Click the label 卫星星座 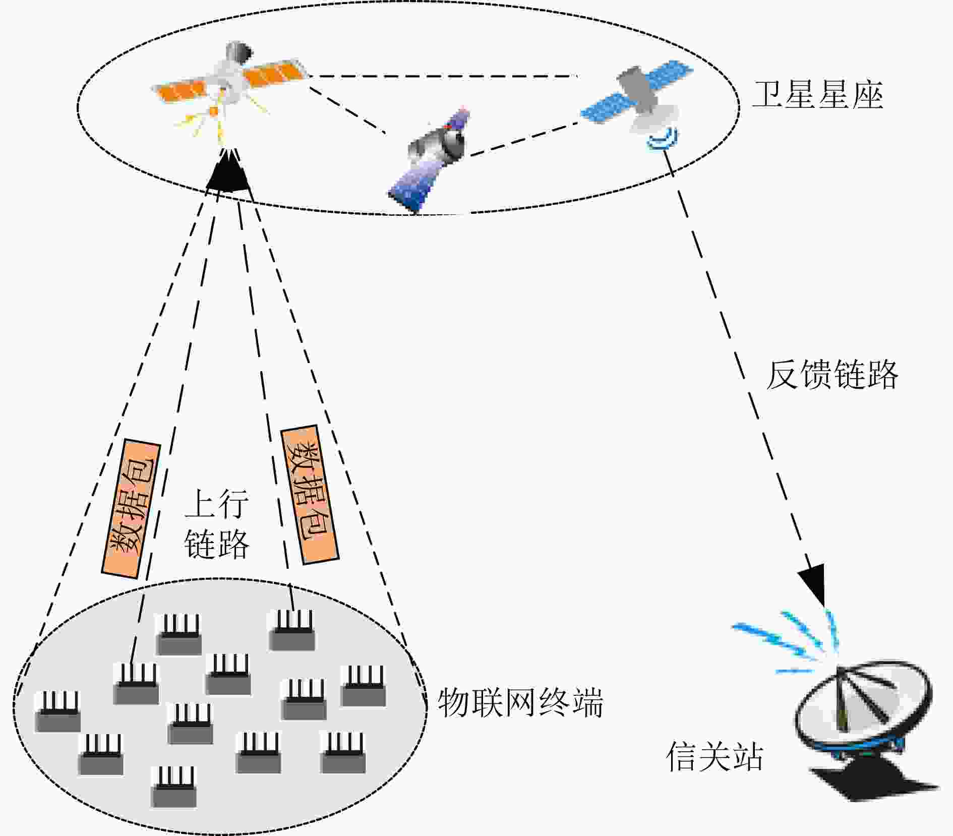tap(817, 95)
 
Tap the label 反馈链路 tap(832, 375)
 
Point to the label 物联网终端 tap(520, 702)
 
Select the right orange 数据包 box tap(310, 494)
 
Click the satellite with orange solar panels tap(229, 81)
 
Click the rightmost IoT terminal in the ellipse tap(364, 686)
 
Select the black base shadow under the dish tap(875, 779)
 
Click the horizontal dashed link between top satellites tap(443, 77)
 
